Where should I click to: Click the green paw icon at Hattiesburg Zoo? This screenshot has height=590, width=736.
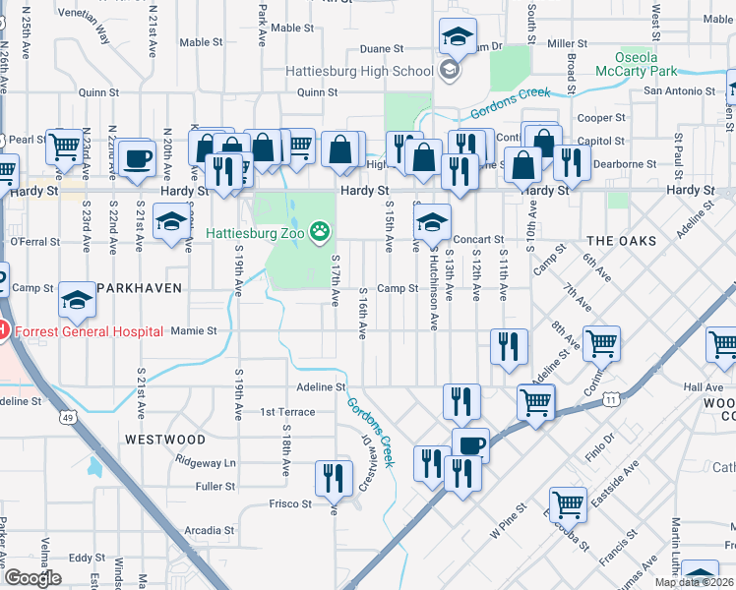[x=320, y=233]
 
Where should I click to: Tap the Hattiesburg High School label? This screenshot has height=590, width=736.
[x=359, y=71]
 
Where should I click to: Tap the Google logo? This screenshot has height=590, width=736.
[x=32, y=578]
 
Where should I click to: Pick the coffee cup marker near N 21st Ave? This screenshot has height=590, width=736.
[x=136, y=157]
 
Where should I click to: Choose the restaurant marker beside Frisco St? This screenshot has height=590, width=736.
[x=334, y=479]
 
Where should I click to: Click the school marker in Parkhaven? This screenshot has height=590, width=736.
[x=78, y=301]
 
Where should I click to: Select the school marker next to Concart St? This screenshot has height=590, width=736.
[x=432, y=221]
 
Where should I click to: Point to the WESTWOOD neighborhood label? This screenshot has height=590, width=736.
[x=164, y=439]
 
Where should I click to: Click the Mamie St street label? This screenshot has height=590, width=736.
[x=193, y=331]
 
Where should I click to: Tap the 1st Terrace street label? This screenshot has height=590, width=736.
[x=287, y=412]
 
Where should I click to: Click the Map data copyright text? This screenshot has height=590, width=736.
[x=695, y=582]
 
